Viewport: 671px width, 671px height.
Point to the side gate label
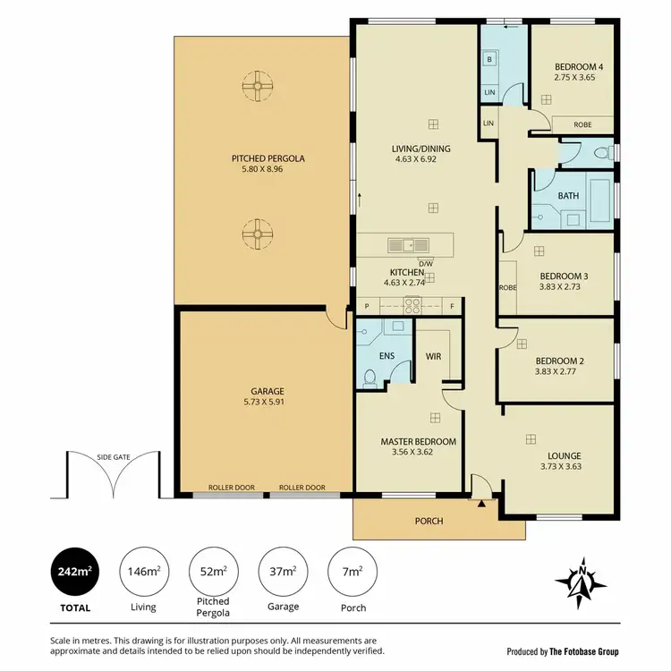pos(113,457)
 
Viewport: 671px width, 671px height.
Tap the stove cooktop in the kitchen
pos(413,304)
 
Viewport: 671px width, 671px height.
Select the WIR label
pos(434,355)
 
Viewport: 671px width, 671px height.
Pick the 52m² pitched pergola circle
pos(213,570)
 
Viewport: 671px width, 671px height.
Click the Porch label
pos(428,521)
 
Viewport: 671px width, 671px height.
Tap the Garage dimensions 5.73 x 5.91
pos(268,403)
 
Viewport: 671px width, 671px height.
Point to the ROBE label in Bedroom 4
pos(582,125)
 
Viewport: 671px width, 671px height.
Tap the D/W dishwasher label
pos(426,263)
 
